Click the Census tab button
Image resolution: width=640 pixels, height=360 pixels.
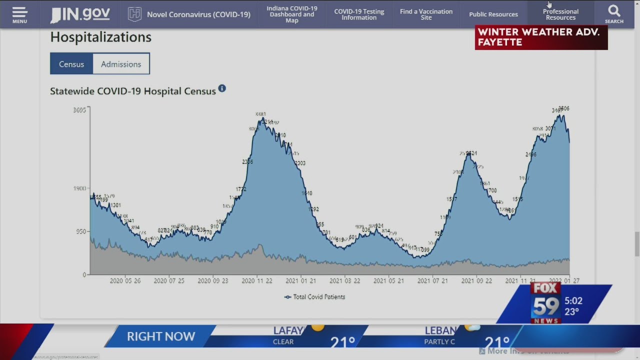point(71,64)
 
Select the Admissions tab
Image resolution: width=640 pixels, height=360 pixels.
point(121,64)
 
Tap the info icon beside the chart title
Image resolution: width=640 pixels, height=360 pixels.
point(222,88)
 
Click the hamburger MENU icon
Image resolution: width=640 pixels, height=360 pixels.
point(19,14)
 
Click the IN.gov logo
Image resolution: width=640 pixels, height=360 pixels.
point(80,14)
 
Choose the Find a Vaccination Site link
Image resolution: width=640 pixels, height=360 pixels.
point(426,14)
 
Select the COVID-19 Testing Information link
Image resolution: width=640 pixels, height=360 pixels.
point(359,14)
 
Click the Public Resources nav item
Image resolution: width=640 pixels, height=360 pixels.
point(493,14)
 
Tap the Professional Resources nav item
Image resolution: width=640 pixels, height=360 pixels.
point(560,14)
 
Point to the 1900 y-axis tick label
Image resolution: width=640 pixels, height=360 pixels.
point(79,188)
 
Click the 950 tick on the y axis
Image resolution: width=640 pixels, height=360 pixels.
point(81,231)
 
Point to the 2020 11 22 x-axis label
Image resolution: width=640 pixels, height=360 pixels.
point(257,281)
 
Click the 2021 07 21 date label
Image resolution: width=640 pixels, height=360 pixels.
point(432,281)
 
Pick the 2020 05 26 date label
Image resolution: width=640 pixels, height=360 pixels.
point(125,281)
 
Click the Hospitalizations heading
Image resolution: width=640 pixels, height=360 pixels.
point(100,37)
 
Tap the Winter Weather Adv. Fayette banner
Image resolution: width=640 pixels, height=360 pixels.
point(541,37)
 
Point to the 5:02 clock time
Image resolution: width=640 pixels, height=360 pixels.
point(573,301)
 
